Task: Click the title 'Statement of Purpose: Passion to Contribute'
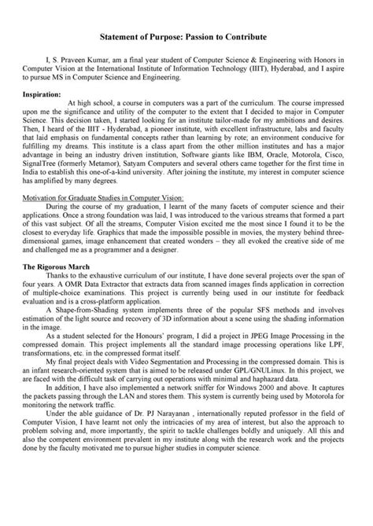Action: tap(186, 37)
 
